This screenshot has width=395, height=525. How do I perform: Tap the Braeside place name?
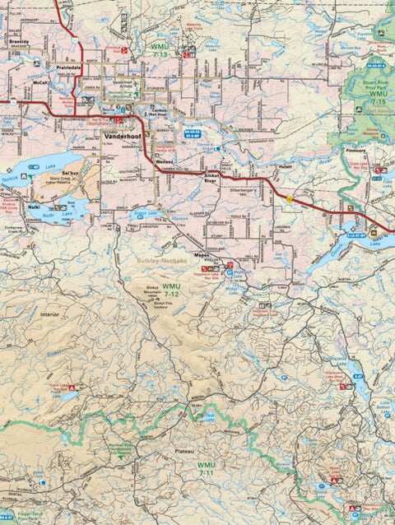pos(19,39)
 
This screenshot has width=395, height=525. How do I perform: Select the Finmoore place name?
pos(357,153)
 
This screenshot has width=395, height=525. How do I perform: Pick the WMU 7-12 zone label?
pos(171,289)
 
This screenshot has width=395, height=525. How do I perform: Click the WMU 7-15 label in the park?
pos(378,99)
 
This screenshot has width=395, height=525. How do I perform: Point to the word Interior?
pos(51,314)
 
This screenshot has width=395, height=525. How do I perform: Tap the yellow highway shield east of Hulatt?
pos(290,197)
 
